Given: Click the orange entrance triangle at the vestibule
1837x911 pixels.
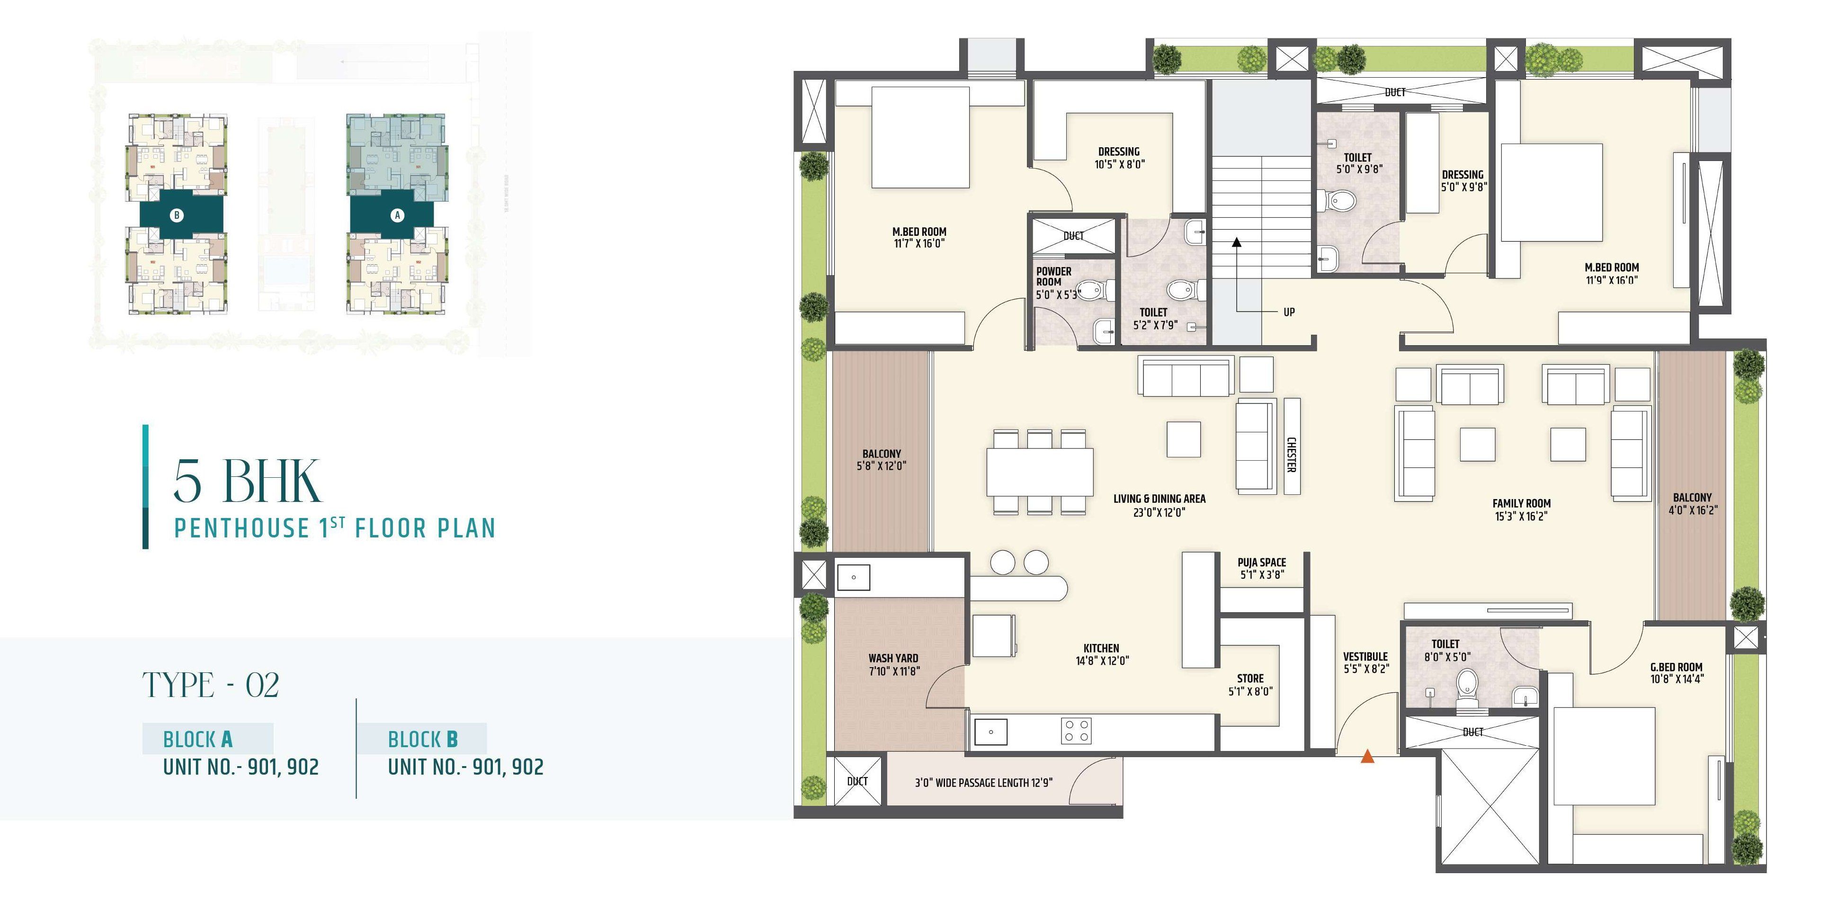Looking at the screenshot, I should tap(1367, 756).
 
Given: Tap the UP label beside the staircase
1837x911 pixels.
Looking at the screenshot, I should tap(1289, 312).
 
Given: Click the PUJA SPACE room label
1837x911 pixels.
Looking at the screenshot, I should tap(1261, 562).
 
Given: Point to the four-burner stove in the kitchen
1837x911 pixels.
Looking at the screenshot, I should tap(1076, 731).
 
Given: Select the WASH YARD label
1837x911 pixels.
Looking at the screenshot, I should tap(893, 658).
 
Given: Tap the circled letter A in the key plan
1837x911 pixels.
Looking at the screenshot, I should tap(397, 215).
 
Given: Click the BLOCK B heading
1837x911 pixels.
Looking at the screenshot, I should tap(422, 739).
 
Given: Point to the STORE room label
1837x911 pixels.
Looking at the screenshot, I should tap(1250, 679).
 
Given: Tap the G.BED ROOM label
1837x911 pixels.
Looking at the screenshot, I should tap(1676, 667).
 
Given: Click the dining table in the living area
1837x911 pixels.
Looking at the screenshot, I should tap(1040, 472).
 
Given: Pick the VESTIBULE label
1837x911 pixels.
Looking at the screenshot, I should tap(1365, 656).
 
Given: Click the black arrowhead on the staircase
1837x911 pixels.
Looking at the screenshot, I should tap(1237, 242).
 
